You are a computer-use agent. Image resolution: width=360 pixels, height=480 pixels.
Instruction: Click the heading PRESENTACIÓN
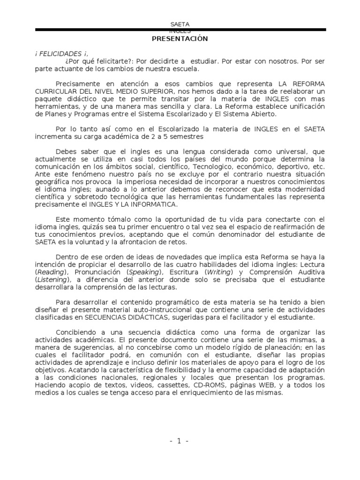click(x=180, y=39)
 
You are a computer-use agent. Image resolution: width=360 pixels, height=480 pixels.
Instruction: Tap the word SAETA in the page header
click(x=180, y=24)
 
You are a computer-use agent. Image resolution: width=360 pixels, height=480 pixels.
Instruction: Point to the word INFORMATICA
click(x=155, y=204)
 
